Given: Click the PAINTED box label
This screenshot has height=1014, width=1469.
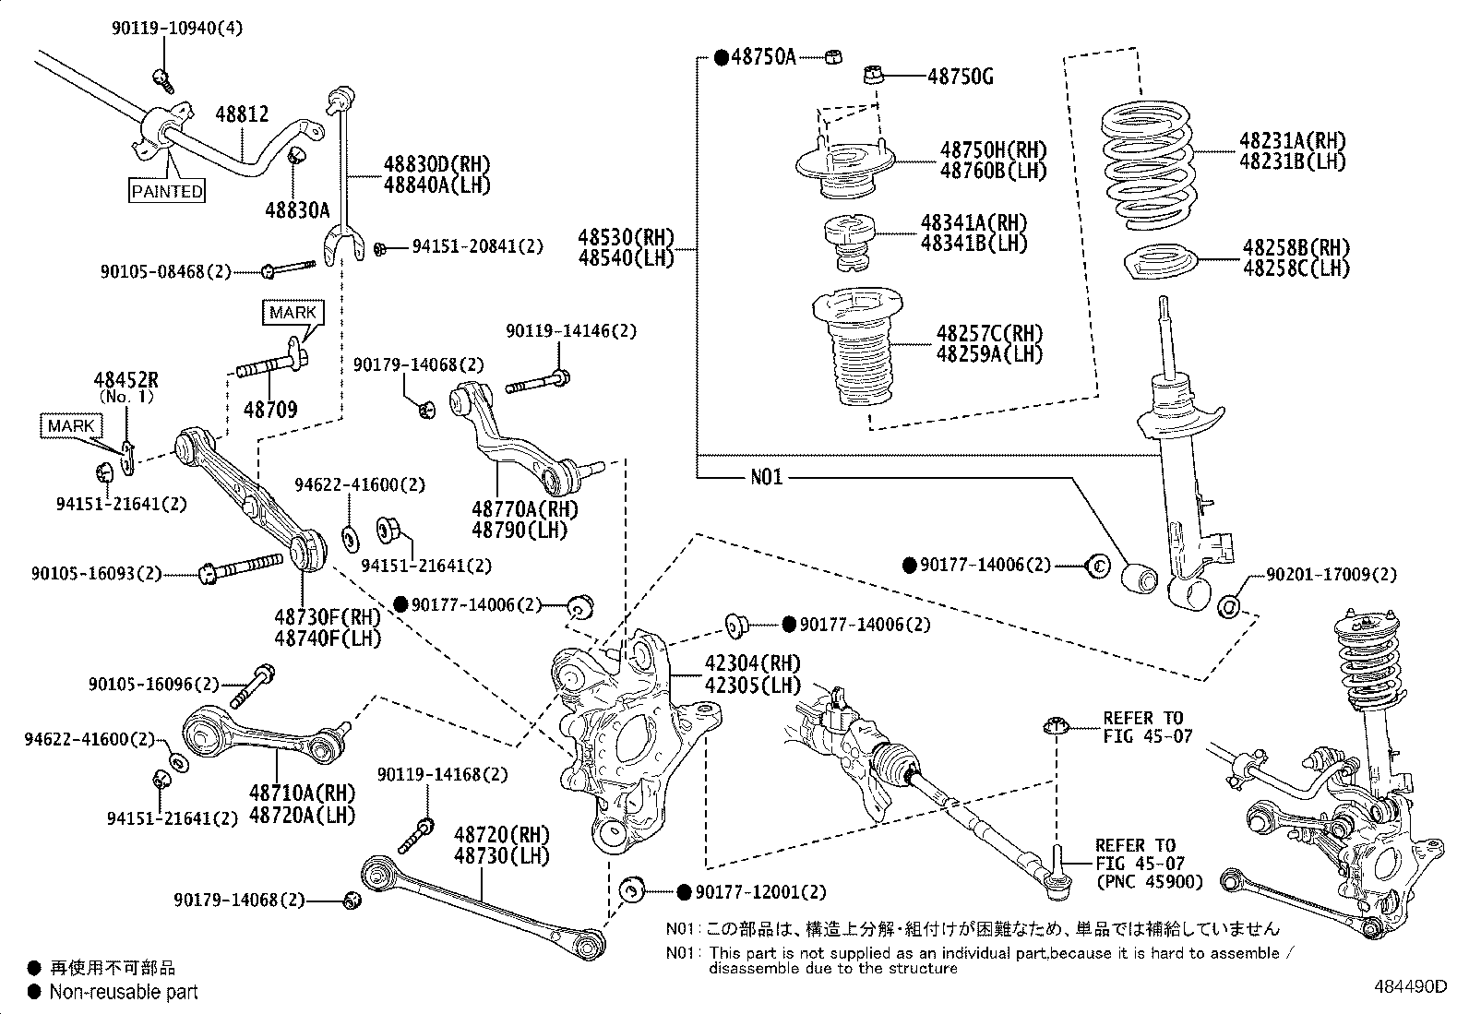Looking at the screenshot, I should coord(166,191).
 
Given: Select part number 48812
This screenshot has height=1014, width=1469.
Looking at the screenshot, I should coord(242,114).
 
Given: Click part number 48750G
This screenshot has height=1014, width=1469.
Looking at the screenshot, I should coord(960,77).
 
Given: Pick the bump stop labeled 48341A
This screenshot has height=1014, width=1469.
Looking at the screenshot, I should coord(848,244).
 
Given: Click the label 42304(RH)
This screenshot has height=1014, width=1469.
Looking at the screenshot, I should coord(740,663).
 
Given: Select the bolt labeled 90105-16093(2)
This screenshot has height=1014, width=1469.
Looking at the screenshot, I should coord(89,574).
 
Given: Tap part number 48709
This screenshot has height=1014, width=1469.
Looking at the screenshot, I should coord(270,409).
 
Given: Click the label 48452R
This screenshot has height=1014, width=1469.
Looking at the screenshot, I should coord(125,379).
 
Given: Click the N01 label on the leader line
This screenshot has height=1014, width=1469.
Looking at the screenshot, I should coord(766,477).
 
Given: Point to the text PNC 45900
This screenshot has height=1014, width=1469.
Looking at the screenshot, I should coord(1149,882).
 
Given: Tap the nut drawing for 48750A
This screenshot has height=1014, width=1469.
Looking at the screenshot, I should coord(831,57).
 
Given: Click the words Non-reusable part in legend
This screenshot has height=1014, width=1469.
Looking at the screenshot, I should coord(124,992).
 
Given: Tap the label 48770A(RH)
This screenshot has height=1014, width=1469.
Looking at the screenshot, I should coord(520,508).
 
